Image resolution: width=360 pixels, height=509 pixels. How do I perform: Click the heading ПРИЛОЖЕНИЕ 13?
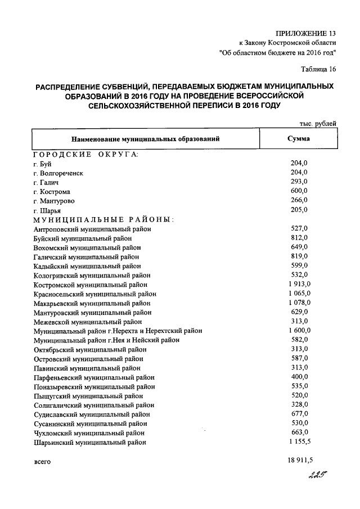[x=308, y=32]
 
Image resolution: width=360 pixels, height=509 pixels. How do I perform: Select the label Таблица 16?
[x=318, y=70]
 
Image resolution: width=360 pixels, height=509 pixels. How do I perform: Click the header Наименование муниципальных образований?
[x=145, y=138]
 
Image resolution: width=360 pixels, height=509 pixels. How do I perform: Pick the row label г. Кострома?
[x=52, y=192]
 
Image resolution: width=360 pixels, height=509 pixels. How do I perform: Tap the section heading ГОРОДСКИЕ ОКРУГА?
[x=85, y=155]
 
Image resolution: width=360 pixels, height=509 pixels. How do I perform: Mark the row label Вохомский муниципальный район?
[x=87, y=247]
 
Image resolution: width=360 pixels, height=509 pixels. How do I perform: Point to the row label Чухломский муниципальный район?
[x=88, y=433]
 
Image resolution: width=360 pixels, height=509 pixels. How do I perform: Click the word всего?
[x=42, y=462]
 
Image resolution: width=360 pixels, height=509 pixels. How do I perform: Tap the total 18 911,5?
[x=299, y=461]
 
